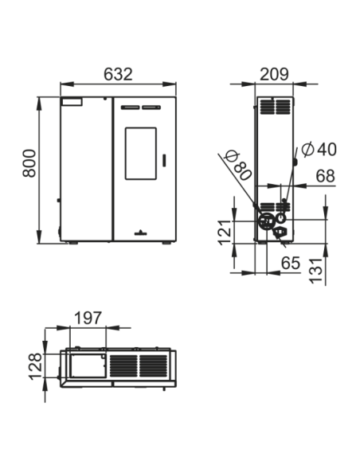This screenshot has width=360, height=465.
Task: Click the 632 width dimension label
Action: coord(118,74)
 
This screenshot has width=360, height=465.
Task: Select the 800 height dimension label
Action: coord(29,163)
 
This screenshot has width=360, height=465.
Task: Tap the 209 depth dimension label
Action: coord(274,74)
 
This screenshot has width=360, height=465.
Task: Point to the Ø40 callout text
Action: coord(319,149)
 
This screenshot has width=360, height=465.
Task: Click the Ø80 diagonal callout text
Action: coord(238,166)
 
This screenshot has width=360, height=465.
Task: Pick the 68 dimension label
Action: coord(325,176)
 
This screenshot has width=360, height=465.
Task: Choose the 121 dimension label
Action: coord(225,232)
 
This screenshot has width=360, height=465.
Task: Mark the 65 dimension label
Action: coord(291,263)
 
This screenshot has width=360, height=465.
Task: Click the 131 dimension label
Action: coord(315,271)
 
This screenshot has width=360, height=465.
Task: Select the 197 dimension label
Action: coord(88,318)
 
